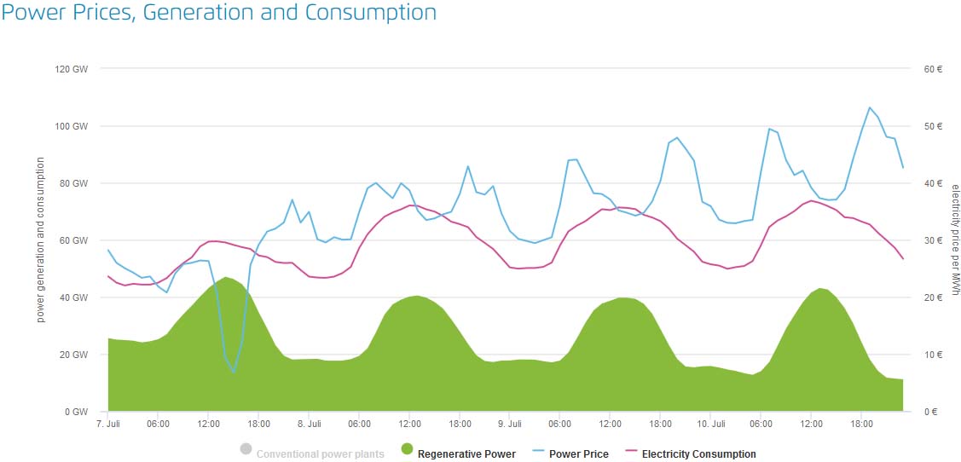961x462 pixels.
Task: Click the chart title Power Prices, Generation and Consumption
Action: click(x=219, y=13)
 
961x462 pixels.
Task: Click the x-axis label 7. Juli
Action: click(x=108, y=424)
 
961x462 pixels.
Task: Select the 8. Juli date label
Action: click(x=309, y=424)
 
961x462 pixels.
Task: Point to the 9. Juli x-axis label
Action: click(x=509, y=424)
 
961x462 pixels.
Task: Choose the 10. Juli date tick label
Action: click(x=711, y=424)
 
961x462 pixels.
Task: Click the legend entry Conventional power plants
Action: click(x=320, y=454)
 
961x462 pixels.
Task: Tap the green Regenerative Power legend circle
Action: click(x=407, y=449)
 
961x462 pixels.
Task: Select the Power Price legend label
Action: click(x=579, y=454)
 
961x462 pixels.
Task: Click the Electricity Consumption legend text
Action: click(x=698, y=454)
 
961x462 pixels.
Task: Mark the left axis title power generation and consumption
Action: click(x=41, y=240)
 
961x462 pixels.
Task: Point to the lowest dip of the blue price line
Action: click(x=234, y=372)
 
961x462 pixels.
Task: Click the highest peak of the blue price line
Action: click(x=870, y=107)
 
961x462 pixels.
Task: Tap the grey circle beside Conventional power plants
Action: click(x=246, y=449)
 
